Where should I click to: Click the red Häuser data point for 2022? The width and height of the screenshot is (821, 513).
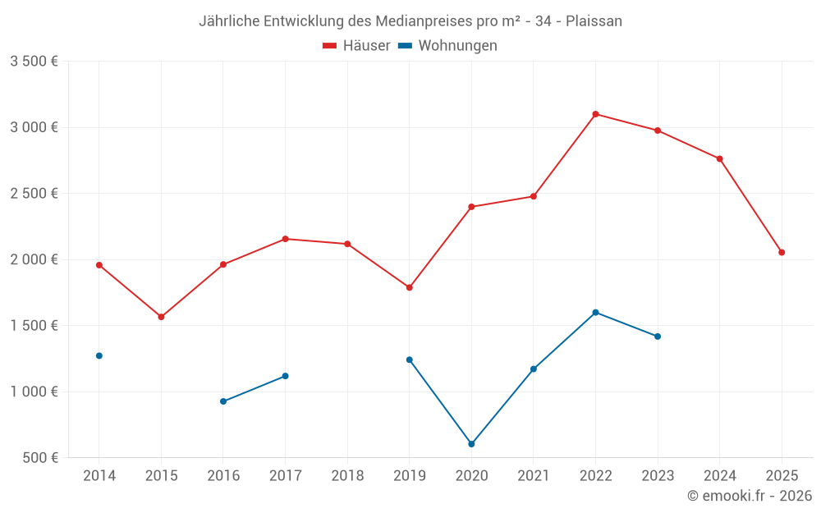(x=595, y=114)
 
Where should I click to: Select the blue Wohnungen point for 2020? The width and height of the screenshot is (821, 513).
(x=471, y=444)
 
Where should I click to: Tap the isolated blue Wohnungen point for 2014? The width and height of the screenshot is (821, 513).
(x=99, y=355)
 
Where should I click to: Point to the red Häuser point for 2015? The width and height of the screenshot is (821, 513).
(x=161, y=317)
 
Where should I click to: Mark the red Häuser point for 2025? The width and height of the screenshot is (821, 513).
(x=782, y=252)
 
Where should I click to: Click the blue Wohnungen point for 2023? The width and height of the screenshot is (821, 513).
(x=658, y=337)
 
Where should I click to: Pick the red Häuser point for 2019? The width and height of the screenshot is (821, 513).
(x=410, y=287)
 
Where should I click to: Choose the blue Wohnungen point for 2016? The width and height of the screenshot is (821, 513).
(x=223, y=401)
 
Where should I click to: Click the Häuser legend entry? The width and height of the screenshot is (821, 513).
(x=356, y=46)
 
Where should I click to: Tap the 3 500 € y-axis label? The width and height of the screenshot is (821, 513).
(x=34, y=62)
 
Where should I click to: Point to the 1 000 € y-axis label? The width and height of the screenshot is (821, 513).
(x=34, y=392)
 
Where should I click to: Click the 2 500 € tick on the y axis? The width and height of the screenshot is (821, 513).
(x=34, y=194)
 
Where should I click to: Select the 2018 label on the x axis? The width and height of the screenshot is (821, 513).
(x=347, y=476)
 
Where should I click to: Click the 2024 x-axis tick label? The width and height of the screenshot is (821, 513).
(x=720, y=476)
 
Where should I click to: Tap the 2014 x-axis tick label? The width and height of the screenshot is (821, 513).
(x=99, y=476)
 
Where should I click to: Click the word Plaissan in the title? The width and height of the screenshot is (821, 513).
(x=594, y=21)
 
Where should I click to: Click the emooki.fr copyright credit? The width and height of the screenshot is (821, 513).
(x=750, y=496)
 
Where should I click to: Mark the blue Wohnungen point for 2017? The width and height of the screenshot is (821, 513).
(x=285, y=376)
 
